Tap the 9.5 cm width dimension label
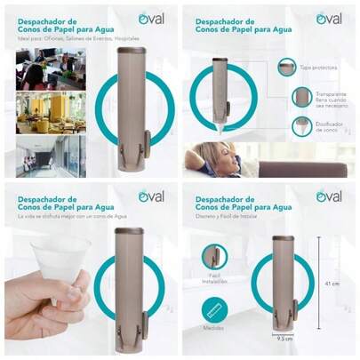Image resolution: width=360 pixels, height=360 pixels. (283, 338)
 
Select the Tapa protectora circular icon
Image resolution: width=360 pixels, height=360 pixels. (285, 67)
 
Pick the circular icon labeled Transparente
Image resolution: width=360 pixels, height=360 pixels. (302, 96)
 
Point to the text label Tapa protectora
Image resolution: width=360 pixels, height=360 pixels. (319, 68)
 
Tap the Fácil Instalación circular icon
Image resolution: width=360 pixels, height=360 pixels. (213, 257)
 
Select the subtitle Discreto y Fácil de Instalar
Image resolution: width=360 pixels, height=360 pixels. (228, 214)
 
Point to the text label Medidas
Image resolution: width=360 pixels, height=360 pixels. (213, 328)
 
